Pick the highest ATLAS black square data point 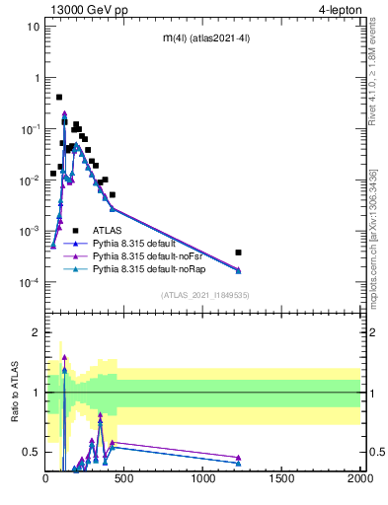click(x=59, y=97)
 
